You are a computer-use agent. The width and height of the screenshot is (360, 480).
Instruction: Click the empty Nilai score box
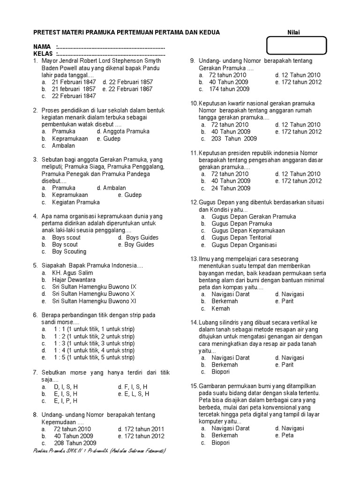point(296,46)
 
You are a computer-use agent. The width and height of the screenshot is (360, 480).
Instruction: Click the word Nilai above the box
point(294,32)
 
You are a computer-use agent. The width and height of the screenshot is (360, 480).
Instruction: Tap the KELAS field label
point(43,54)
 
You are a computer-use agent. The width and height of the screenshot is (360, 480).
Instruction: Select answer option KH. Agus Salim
point(72,273)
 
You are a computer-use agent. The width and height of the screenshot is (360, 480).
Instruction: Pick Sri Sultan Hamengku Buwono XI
point(94,301)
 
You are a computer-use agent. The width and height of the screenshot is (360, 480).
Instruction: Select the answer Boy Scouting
point(69,252)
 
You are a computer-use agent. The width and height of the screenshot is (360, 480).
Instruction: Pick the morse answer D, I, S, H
point(65,387)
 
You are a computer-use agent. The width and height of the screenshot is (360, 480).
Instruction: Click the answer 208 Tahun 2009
point(75,443)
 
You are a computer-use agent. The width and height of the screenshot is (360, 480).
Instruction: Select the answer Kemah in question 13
point(220,308)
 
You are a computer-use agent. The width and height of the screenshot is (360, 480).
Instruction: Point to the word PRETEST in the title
point(47,32)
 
